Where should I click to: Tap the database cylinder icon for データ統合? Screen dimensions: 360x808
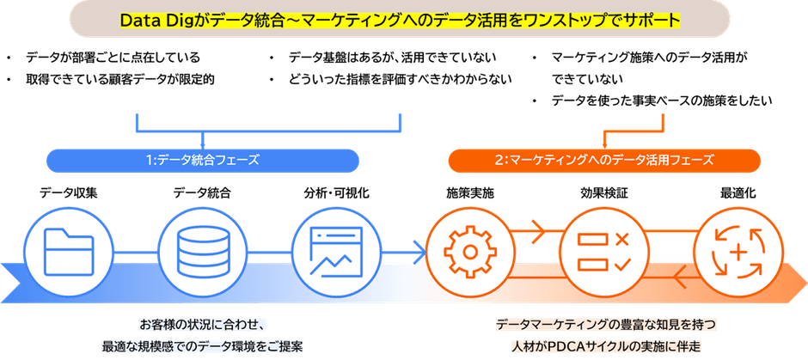201,251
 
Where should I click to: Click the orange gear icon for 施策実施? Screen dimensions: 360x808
469,251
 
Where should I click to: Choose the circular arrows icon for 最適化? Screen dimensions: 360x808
737,251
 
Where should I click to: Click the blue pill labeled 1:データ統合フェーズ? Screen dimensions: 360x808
203,160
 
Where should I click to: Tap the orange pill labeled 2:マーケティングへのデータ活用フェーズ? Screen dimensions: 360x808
605,160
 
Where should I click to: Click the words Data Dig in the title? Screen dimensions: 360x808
158,19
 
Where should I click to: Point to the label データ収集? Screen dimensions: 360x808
68,194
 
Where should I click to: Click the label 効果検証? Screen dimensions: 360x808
603,194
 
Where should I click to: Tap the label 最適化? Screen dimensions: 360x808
738,194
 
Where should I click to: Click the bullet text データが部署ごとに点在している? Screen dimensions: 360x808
113,58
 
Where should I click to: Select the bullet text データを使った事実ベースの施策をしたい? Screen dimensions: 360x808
662,101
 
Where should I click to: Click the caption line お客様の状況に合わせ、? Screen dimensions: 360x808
205,324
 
